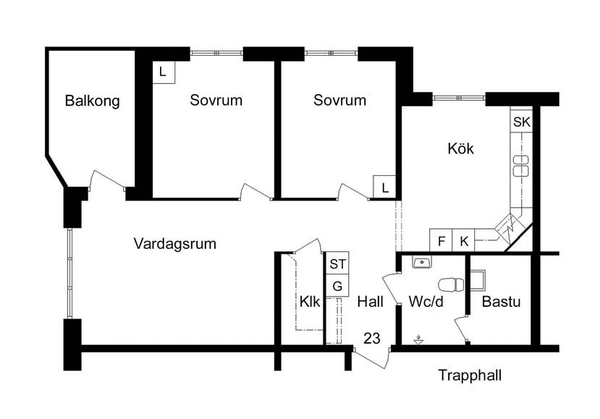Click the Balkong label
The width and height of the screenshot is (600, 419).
pos(92,101)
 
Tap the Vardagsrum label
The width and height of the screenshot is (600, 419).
pos(175,244)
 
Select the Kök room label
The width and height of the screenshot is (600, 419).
pos(461,148)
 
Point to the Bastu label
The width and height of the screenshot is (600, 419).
pos(502,302)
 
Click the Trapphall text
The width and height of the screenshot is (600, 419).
pos(470,376)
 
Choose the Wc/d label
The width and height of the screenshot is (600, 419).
pos(426,302)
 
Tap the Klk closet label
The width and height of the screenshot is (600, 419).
pos(310,302)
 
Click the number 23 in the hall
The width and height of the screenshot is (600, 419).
pos(372,338)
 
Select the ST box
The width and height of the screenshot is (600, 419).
pos(337,263)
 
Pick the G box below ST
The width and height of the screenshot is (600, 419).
pos(337,285)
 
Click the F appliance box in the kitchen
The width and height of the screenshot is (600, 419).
pos(441,240)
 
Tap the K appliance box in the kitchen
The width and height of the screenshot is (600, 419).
pos(464,240)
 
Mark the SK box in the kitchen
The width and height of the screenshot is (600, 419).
pos(522,122)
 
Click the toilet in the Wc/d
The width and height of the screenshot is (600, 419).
pos(451,285)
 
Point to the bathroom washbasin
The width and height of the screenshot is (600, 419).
pos(422,263)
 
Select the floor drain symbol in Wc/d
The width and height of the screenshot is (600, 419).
pos(419,339)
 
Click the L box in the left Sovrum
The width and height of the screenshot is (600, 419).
pos(164,72)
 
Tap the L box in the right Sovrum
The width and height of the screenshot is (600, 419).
pos(384,187)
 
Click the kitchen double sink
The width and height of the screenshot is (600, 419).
pos(521,166)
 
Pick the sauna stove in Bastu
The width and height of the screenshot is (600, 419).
pos(478,281)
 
